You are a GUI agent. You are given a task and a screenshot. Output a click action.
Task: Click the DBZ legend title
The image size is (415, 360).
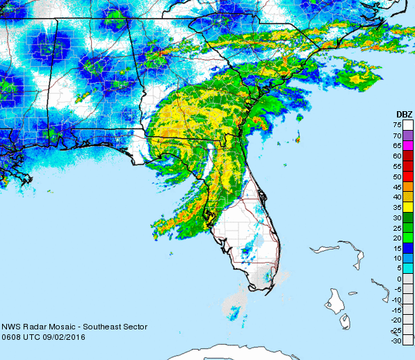(x=403, y=114)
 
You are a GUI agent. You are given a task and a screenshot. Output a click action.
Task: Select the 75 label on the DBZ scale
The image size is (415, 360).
(x=398, y=125)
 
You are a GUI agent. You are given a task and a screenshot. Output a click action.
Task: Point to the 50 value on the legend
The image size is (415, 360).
(x=398, y=177)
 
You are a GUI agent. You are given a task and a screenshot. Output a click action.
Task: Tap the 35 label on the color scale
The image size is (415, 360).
(x=398, y=207)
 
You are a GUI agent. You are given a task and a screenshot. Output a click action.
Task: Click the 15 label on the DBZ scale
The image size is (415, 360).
(x=398, y=248)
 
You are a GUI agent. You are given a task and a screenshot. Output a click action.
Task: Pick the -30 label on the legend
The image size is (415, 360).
(x=397, y=341)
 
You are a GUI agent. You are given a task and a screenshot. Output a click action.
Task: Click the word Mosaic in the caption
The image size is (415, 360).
(x=61, y=327)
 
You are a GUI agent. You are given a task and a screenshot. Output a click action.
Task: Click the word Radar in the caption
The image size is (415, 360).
(x=34, y=327)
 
